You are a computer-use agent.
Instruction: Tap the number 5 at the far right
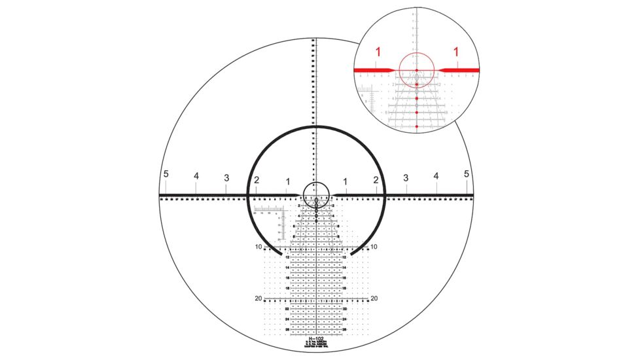tap(467, 174)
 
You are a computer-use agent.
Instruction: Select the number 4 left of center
tap(196, 176)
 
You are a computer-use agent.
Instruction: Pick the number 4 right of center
tap(436, 176)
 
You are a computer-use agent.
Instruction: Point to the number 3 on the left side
tap(226, 178)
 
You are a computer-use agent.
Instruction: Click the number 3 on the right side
tap(406, 178)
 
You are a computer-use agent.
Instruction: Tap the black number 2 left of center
tap(257, 180)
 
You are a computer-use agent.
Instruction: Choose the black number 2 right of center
tap(376, 180)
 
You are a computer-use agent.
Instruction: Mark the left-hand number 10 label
tap(259, 247)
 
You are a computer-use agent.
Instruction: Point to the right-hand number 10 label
tap(374, 247)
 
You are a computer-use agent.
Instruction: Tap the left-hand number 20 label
tap(259, 298)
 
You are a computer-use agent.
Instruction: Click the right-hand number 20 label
tap(374, 298)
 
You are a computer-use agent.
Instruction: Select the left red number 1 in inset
tap(378, 51)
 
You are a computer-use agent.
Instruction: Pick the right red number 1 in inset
tap(455, 51)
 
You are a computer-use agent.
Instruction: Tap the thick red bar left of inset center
tap(373, 69)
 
